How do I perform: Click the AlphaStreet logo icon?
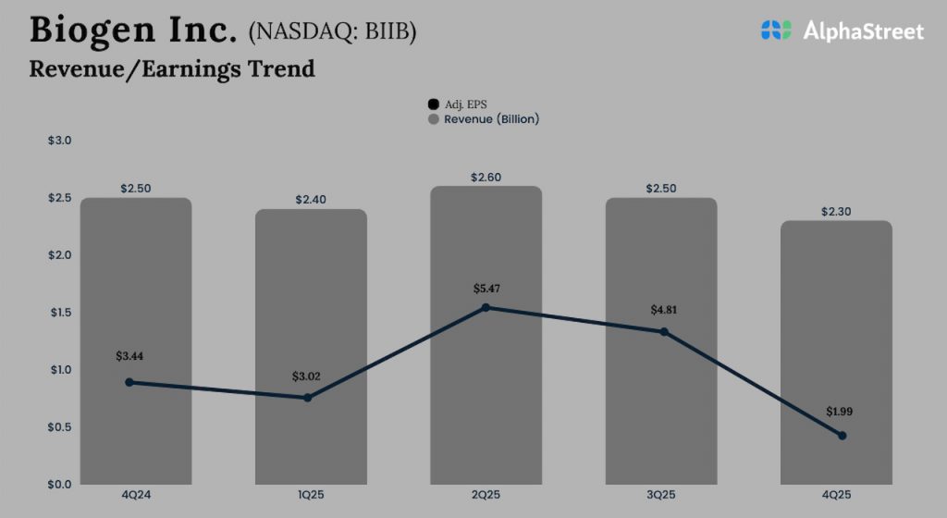(x=777, y=30)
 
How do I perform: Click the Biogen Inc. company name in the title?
(x=133, y=30)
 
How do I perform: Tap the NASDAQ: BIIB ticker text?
(x=332, y=32)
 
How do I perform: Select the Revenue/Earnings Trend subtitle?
(x=172, y=68)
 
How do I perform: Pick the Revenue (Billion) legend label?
(x=491, y=119)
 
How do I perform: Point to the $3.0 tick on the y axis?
(x=59, y=141)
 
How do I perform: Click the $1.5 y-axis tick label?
(x=59, y=313)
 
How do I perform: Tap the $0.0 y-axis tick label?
(x=59, y=484)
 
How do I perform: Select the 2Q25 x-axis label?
(x=486, y=496)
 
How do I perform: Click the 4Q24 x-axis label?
(x=136, y=496)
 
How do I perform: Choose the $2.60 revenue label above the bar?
(x=486, y=177)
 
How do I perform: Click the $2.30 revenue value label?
(x=836, y=212)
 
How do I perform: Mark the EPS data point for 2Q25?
(x=486, y=307)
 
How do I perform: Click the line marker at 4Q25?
(x=842, y=436)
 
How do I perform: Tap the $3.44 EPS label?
(x=130, y=355)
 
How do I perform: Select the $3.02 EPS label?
(x=306, y=376)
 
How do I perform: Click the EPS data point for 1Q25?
(x=308, y=398)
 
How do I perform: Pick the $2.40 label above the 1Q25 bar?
(x=311, y=200)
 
